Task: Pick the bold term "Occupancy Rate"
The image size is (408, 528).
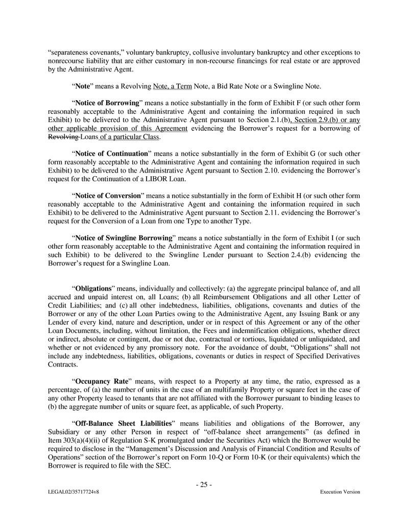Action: point(104,381)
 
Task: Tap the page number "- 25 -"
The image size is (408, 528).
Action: point(204,485)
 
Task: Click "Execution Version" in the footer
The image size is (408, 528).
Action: point(340,492)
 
